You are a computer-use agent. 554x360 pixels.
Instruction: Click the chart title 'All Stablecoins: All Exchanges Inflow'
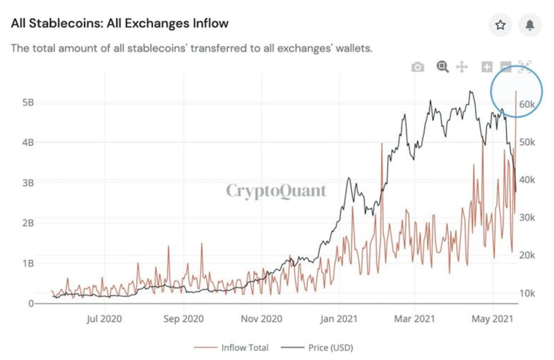coord(119,24)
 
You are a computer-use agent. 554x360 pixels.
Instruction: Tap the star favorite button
coord(500,25)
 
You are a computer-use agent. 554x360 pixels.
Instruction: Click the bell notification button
coord(530,25)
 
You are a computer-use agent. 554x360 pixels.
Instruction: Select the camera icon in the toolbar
coord(417,67)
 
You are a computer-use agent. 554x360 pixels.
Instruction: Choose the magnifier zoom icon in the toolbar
coord(442,67)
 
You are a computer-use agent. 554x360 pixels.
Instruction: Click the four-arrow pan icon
coord(461,67)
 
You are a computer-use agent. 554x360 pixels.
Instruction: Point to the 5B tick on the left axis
coord(27,102)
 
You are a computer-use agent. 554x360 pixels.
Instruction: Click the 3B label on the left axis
coord(27,182)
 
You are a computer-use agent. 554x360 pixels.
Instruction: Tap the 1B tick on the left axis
coord(27,263)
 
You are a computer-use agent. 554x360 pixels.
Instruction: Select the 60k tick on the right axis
coord(528,104)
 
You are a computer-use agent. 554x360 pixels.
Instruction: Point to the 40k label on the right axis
coord(528,180)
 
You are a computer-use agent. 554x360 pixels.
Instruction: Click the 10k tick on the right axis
coord(528,293)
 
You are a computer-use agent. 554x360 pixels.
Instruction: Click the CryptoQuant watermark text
coord(276,191)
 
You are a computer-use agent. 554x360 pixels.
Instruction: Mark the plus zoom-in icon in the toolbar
coord(486,67)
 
